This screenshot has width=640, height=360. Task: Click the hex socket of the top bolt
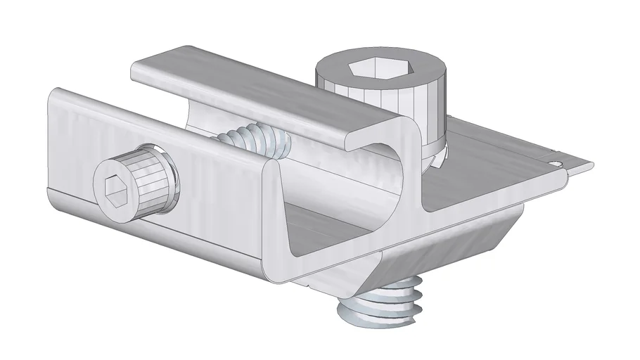pyautogui.click(x=368, y=70)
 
